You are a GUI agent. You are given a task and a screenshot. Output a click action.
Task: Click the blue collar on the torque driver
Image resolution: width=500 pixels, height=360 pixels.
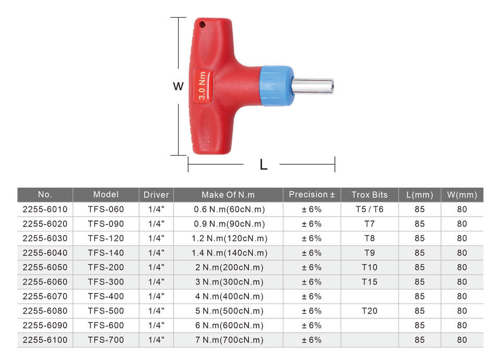276,86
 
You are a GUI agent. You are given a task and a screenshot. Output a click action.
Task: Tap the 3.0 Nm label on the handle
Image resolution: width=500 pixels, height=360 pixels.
203,86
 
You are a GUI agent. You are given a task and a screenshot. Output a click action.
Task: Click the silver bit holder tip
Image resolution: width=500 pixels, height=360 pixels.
313,86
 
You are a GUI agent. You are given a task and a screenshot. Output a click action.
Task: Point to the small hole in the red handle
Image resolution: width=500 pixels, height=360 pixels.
202,24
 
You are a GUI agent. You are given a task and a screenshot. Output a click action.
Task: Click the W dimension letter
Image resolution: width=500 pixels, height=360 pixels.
178,86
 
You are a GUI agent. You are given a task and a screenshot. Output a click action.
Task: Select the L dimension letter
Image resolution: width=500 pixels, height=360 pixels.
264,165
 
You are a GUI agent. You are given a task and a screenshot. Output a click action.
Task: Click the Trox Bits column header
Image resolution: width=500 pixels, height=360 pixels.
369,194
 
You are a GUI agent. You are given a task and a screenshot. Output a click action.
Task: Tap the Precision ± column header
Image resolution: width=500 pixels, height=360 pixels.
311,194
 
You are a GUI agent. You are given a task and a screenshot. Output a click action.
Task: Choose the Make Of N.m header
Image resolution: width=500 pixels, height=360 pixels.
228,194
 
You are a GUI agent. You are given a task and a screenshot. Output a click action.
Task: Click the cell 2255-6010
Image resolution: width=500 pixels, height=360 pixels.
45,209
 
